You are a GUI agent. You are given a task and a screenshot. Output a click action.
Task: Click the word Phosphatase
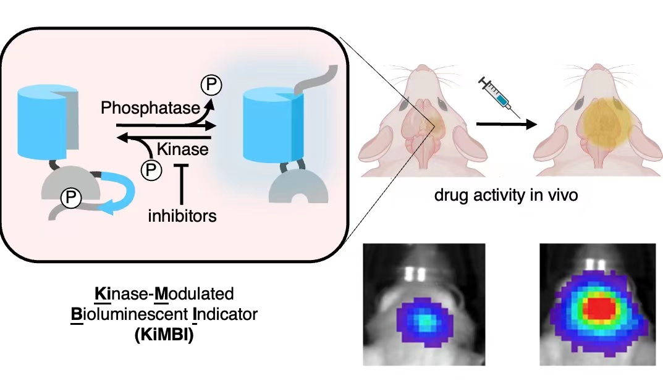click(x=151, y=109)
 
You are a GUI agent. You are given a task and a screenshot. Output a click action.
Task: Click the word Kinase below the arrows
click(x=182, y=149)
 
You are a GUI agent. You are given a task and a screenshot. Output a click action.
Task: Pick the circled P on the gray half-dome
click(x=70, y=198)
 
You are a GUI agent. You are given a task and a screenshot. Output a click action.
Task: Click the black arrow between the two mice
click(x=505, y=124)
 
